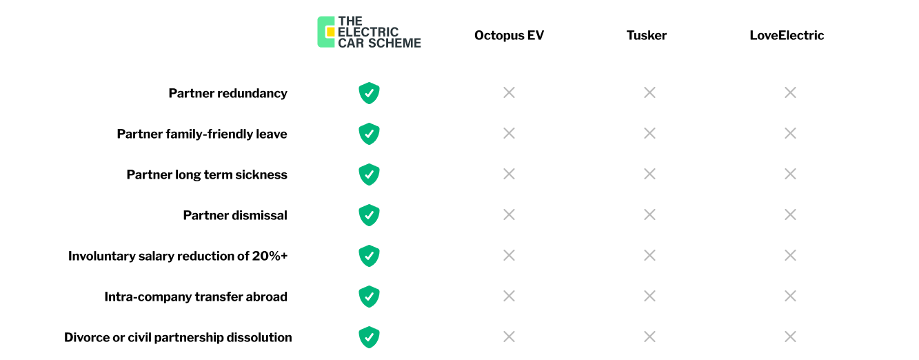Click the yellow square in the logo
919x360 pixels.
pyautogui.click(x=330, y=32)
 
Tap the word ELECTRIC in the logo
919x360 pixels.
pyautogui.click(x=368, y=32)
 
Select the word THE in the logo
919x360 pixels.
pyautogui.click(x=350, y=21)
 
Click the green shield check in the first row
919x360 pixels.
pyautogui.click(x=369, y=92)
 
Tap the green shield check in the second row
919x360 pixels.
pyautogui.click(x=369, y=133)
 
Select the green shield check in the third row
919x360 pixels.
pyautogui.click(x=369, y=174)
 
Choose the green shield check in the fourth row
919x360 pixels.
pyautogui.click(x=369, y=214)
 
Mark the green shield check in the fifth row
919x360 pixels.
pyautogui.click(x=369, y=255)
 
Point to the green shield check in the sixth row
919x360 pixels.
pyautogui.click(x=369, y=296)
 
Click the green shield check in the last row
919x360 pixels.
pyautogui.click(x=369, y=337)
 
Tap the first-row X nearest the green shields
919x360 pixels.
pyautogui.click(x=509, y=92)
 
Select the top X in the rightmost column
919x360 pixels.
pyautogui.click(x=790, y=92)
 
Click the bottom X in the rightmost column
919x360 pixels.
pyautogui.click(x=790, y=337)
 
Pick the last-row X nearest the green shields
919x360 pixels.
pyautogui.click(x=509, y=337)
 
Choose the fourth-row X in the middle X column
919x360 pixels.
pyautogui.click(x=649, y=214)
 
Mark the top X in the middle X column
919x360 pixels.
pyautogui.click(x=649, y=92)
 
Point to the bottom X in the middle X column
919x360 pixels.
pyautogui.click(x=649, y=337)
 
